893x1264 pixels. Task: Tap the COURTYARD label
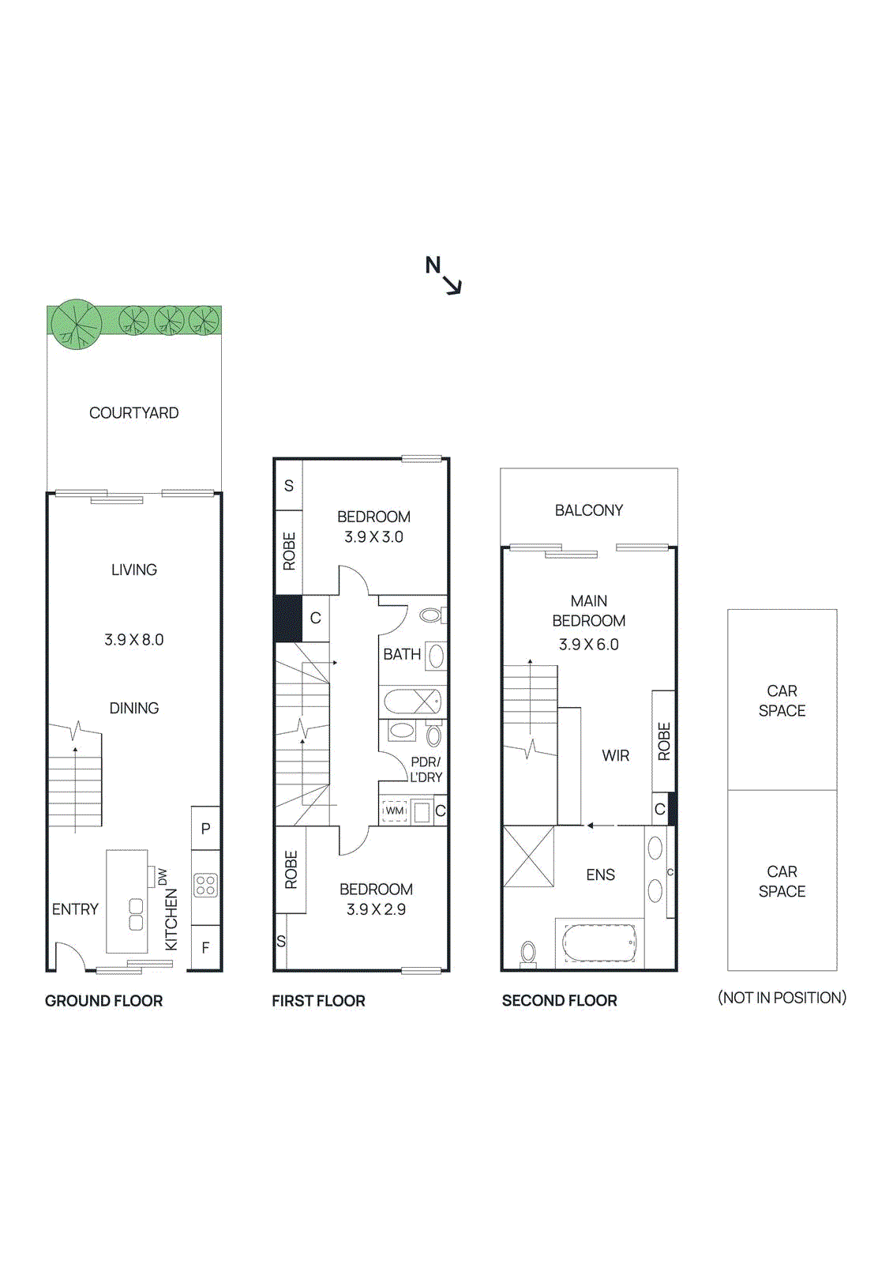(x=133, y=412)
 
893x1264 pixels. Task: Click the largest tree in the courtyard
(x=76, y=323)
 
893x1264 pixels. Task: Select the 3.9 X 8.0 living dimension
(x=134, y=640)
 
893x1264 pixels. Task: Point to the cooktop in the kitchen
(x=205, y=885)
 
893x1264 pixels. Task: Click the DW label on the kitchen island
(x=163, y=876)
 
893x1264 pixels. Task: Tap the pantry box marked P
(x=205, y=829)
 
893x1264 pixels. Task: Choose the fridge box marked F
(x=205, y=947)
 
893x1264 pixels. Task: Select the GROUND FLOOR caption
(x=103, y=1001)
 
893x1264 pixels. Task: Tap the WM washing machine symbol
(x=395, y=811)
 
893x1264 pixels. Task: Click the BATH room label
(x=402, y=654)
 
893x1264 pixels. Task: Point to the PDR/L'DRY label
(x=426, y=769)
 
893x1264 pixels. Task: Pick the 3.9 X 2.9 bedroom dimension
(x=376, y=909)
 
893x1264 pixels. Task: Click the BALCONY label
(x=589, y=510)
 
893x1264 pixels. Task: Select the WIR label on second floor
(x=616, y=756)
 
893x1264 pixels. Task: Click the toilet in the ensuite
(x=528, y=953)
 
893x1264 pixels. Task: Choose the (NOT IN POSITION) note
(x=782, y=998)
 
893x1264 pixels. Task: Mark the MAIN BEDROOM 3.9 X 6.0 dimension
(x=589, y=645)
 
